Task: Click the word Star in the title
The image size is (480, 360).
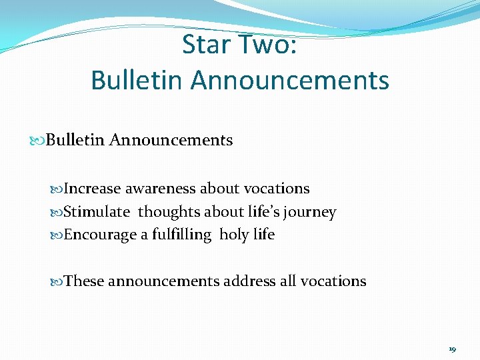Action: (207, 45)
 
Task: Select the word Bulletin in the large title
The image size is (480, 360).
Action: (137, 81)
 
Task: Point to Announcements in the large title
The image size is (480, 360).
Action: (290, 81)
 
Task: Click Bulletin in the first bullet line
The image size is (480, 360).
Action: (75, 140)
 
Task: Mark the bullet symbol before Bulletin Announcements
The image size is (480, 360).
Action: (37, 141)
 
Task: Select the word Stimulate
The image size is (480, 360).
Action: (97, 212)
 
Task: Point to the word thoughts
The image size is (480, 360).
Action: (168, 212)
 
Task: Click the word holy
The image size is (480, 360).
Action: (234, 235)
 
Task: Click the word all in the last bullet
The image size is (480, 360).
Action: (288, 281)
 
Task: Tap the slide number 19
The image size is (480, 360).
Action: (452, 349)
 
